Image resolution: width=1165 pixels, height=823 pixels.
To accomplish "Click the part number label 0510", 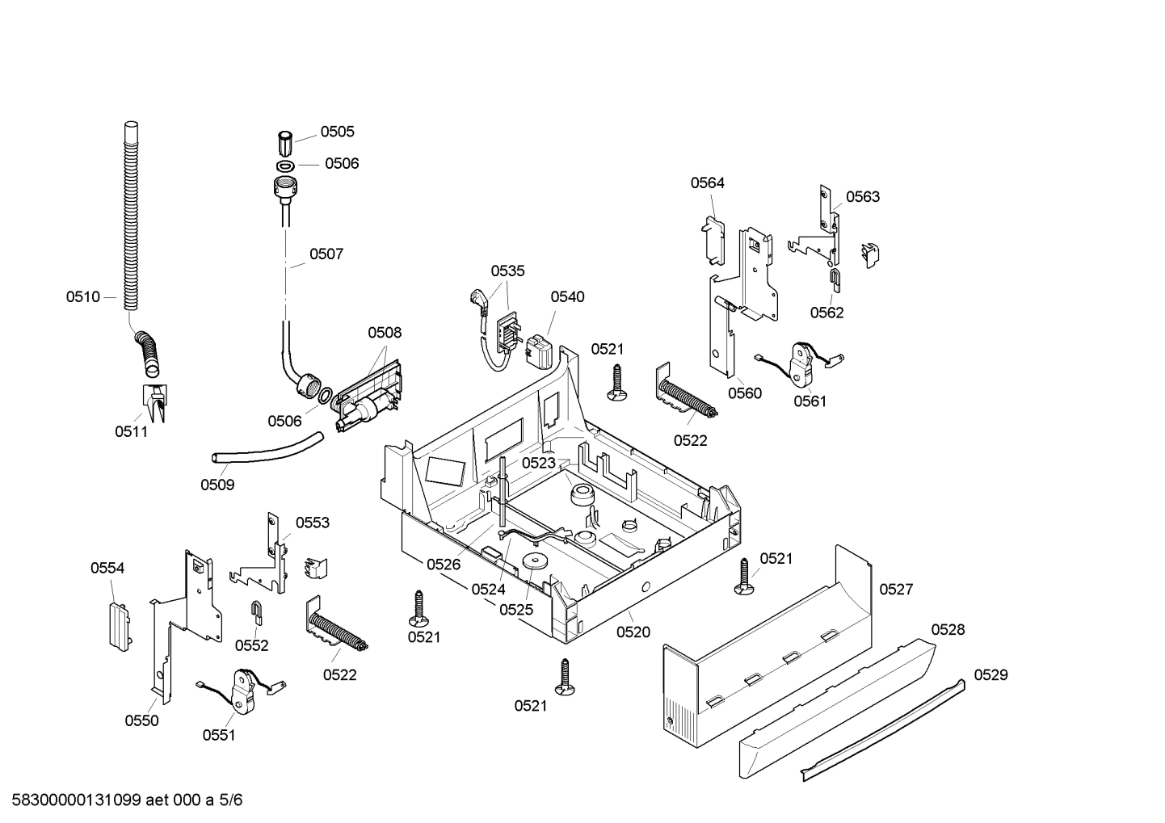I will coord(82,297).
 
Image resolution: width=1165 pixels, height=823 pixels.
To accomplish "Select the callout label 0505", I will coord(337,132).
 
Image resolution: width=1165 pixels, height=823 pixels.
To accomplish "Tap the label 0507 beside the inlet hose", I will coord(326,254).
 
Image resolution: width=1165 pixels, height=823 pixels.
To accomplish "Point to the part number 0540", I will coord(567,296).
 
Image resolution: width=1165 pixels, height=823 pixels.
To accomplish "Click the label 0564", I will coord(707,183).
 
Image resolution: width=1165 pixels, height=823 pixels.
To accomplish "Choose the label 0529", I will coord(990,674).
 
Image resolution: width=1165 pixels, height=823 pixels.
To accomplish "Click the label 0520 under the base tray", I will coord(633,632).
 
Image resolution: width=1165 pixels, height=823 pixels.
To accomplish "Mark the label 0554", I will coord(107,568).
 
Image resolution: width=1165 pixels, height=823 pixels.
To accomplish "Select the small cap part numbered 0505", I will coord(284,144).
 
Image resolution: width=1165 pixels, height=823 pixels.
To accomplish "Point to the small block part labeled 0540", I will coord(538,351).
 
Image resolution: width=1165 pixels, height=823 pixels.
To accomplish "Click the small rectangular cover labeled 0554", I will coord(118,624).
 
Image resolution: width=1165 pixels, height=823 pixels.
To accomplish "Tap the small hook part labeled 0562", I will coord(835,281).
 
